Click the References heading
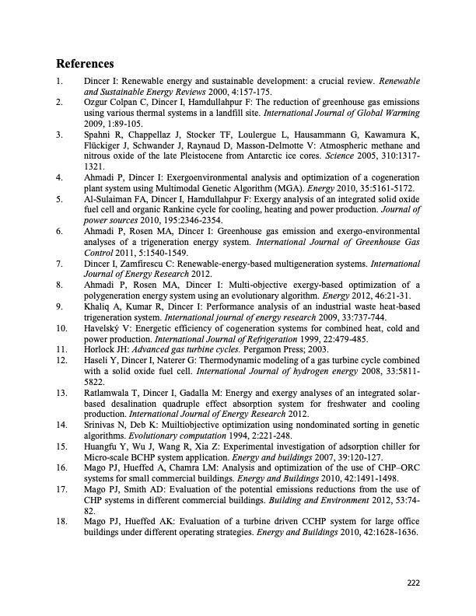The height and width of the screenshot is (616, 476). click(86, 63)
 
